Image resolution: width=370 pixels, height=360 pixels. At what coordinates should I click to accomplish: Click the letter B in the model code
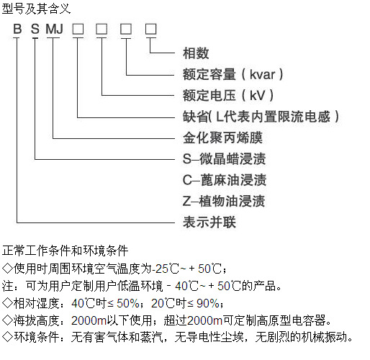pyautogui.click(x=17, y=29)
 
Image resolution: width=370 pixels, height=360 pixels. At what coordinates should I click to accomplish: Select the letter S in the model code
pyautogui.click(x=35, y=29)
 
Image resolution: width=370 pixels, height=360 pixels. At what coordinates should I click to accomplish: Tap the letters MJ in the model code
pyautogui.click(x=55, y=29)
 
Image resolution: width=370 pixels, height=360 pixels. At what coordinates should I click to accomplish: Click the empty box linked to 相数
pyautogui.click(x=151, y=29)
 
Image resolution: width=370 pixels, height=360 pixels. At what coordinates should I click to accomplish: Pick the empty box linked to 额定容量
pyautogui.click(x=126, y=29)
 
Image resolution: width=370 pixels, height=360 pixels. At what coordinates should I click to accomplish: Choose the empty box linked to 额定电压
pyautogui.click(x=101, y=29)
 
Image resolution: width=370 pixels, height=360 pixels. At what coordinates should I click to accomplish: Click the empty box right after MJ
pyautogui.click(x=78, y=29)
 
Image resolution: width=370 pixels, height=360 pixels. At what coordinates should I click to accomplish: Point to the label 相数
pyautogui.click(x=196, y=53)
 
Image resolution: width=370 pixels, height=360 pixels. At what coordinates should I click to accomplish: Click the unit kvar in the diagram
pyautogui.click(x=262, y=74)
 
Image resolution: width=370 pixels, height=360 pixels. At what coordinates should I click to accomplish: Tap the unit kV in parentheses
pyautogui.click(x=258, y=96)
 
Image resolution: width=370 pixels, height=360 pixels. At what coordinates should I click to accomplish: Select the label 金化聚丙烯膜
pyautogui.click(x=222, y=138)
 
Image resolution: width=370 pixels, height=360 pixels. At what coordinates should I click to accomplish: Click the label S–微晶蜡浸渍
pyautogui.click(x=224, y=158)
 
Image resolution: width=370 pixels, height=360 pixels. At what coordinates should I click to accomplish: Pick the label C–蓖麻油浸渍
pyautogui.click(x=225, y=180)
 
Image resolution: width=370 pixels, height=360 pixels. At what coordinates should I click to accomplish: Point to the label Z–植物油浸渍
pyautogui.click(x=224, y=201)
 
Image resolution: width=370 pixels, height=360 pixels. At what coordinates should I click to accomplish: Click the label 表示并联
pyautogui.click(x=209, y=222)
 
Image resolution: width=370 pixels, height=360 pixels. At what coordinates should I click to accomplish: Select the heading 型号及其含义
pyautogui.click(x=36, y=9)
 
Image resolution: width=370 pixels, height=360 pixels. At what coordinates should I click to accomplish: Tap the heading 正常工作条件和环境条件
pyautogui.click(x=65, y=251)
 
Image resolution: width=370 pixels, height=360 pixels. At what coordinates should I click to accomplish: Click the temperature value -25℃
pyautogui.click(x=166, y=269)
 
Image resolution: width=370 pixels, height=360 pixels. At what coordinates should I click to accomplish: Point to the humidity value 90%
pyautogui.click(x=208, y=303)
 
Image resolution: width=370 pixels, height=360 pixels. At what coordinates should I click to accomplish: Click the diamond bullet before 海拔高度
pyautogui.click(x=7, y=320)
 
